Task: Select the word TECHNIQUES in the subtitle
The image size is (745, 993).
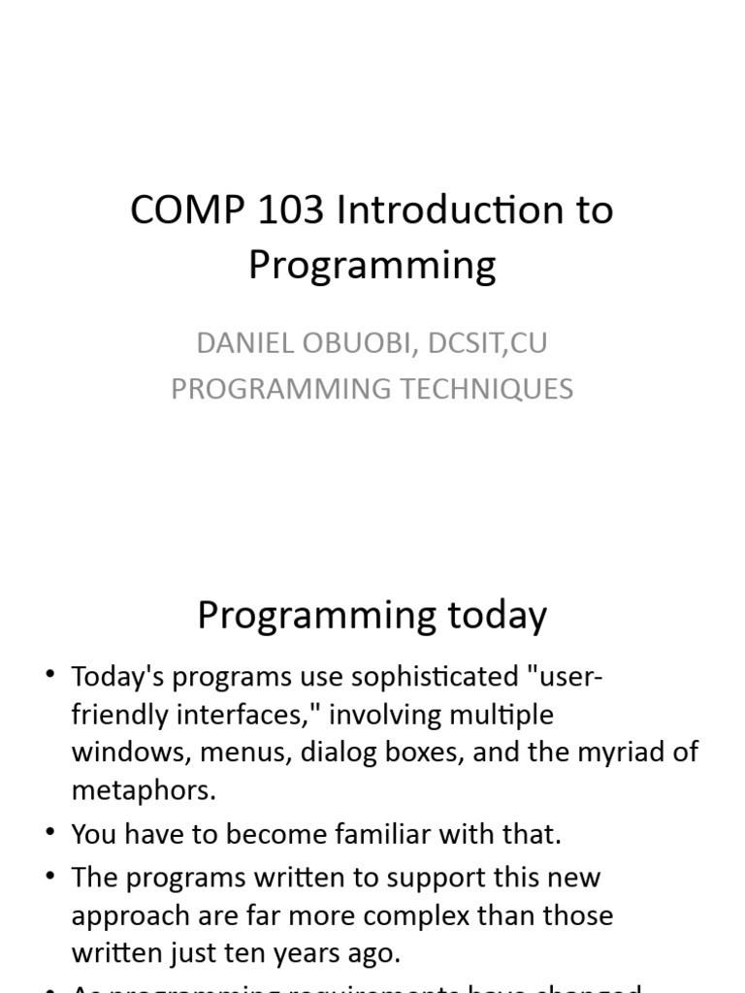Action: pyautogui.click(x=489, y=388)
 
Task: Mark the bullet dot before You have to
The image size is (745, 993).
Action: pyautogui.click(x=49, y=833)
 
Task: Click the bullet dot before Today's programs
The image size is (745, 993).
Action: pyautogui.click(x=49, y=676)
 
